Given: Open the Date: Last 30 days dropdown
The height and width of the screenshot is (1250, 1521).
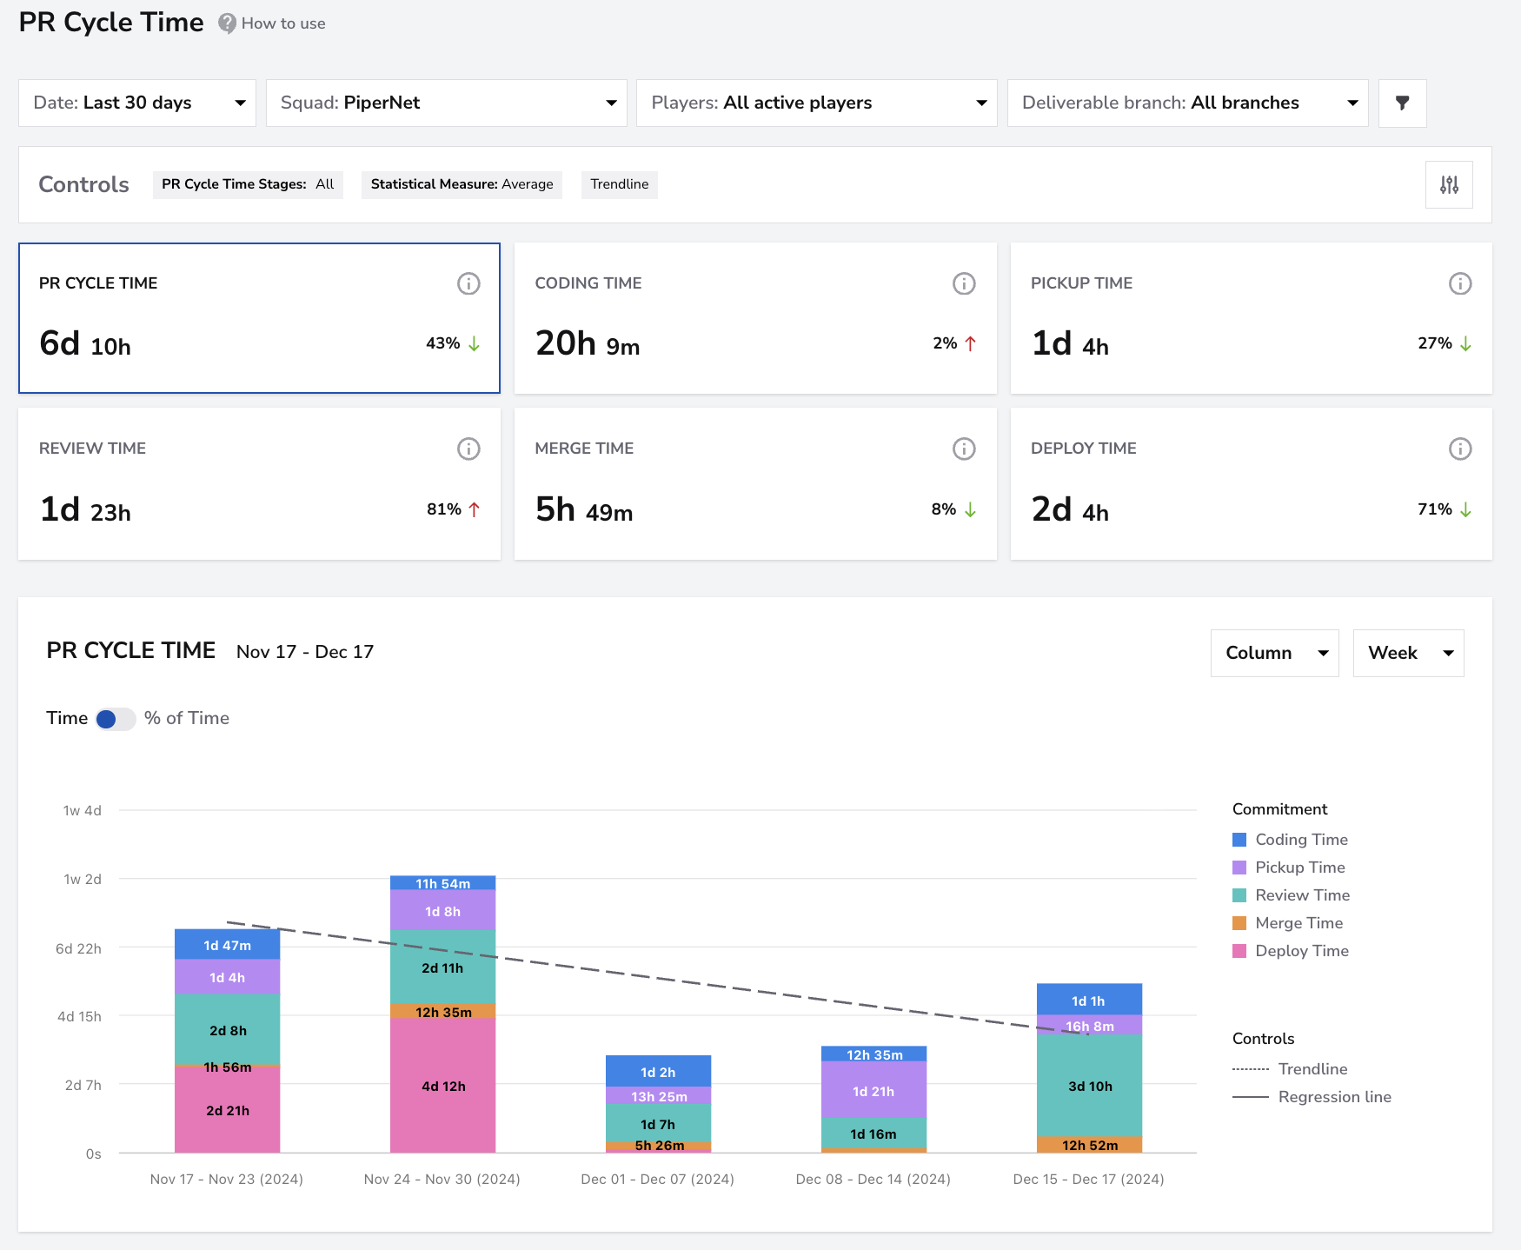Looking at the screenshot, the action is coord(137,103).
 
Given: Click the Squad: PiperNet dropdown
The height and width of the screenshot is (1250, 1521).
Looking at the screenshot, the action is coord(447,103).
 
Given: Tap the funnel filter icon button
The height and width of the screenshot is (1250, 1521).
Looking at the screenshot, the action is coord(1402,103).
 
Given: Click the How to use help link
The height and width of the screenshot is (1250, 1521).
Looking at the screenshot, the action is coord(272,23).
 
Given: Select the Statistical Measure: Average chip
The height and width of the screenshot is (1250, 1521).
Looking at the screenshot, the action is coord(462,184).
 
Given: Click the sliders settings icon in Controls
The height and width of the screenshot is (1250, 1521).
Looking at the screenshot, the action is coord(1449,184).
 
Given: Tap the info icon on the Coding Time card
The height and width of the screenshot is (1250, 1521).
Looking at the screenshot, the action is coord(964,283).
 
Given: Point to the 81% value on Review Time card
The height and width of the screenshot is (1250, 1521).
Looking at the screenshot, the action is coord(443,509).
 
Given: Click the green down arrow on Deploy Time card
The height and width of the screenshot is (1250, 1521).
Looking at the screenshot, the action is coord(1465,509).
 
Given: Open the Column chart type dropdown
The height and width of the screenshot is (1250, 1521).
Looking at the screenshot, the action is coord(1274,653).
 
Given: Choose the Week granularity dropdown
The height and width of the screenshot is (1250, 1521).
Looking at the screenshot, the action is coord(1408,653).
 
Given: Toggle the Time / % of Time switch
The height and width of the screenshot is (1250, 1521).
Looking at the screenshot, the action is coord(116,719).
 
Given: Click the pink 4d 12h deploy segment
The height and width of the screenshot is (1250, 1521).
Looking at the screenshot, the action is coord(443,1086).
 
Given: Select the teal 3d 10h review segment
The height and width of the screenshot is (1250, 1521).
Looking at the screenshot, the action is coord(1089,1086).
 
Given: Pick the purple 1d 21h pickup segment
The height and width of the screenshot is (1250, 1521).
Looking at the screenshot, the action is coord(873,1090).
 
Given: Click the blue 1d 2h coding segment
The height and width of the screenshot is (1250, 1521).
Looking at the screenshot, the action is coord(658,1071).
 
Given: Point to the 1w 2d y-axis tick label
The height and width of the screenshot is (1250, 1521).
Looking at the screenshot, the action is coord(83,879).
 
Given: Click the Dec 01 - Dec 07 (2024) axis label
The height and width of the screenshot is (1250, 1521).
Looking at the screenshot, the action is coord(658,1179).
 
